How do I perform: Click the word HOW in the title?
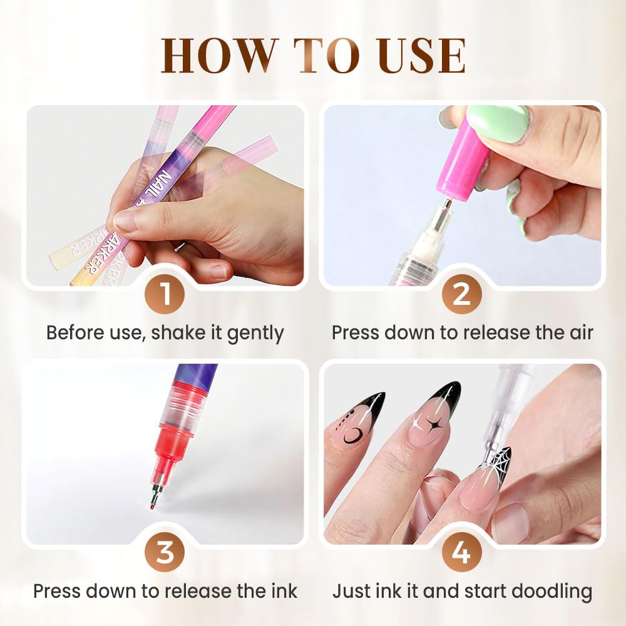tap(210, 56)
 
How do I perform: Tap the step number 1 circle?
tap(165, 294)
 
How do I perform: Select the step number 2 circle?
tap(461, 294)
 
